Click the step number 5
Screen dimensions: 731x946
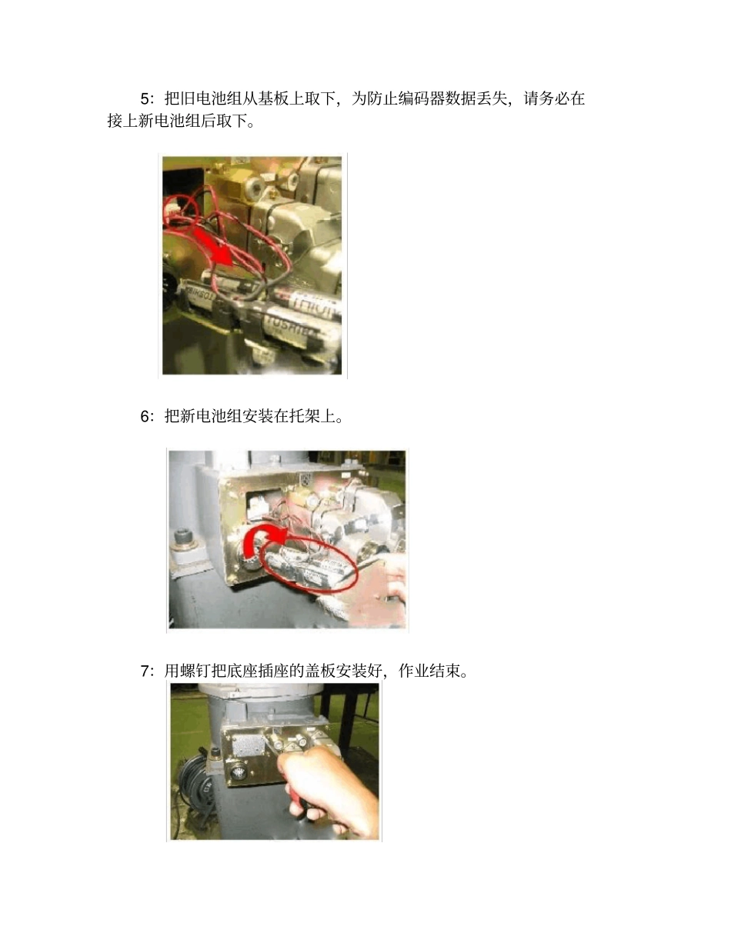pos(145,98)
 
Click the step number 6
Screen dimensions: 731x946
pos(145,417)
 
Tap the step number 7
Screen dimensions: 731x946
pos(145,671)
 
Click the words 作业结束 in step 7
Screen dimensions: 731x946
pos(429,671)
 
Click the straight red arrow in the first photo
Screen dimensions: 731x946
pos(212,245)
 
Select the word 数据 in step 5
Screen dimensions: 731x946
pos(460,98)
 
